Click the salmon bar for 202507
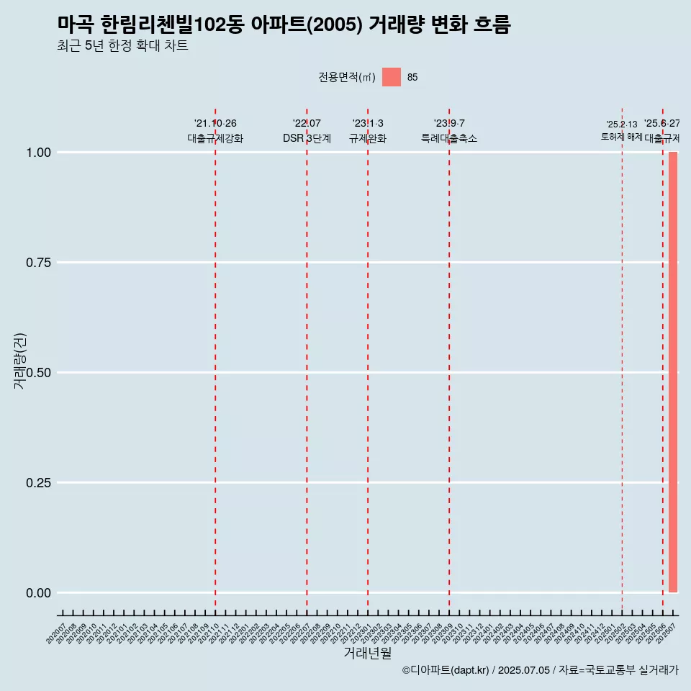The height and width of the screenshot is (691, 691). pos(673,372)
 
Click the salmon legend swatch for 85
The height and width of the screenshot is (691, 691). pos(391,77)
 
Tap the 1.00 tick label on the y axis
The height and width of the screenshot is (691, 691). pos(38,153)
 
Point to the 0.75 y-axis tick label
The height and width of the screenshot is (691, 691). pos(38,263)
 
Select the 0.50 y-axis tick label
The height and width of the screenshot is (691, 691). pos(38,373)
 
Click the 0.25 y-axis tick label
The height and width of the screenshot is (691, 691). pos(38,483)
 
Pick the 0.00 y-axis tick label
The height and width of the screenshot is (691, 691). pos(38,593)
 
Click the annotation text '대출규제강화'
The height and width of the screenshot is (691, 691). pos(215,138)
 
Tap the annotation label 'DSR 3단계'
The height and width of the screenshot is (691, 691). pos(307,138)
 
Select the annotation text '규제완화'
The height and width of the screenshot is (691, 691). pos(368,138)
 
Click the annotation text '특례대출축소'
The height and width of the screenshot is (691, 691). pos(449,138)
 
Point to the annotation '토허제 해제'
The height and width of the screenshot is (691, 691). pos(621,137)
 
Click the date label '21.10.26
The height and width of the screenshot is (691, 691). pos(215,124)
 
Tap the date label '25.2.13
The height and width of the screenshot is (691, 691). pos(621,125)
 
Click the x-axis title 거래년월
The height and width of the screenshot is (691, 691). pos(368,654)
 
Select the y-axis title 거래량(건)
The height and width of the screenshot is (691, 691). pos(19,362)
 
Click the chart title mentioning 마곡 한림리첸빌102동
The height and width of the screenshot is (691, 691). pos(284,25)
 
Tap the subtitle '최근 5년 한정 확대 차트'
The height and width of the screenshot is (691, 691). pos(122,46)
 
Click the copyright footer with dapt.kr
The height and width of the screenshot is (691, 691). pos(540,670)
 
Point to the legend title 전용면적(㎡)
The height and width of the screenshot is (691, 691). pos(347,78)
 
